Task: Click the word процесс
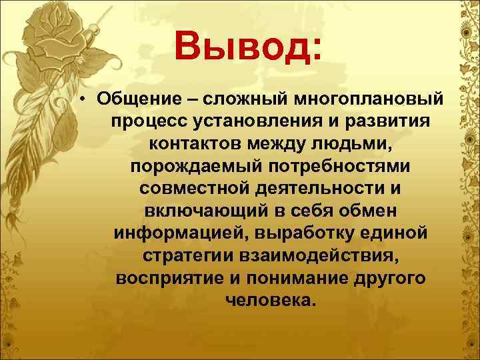[147, 122]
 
